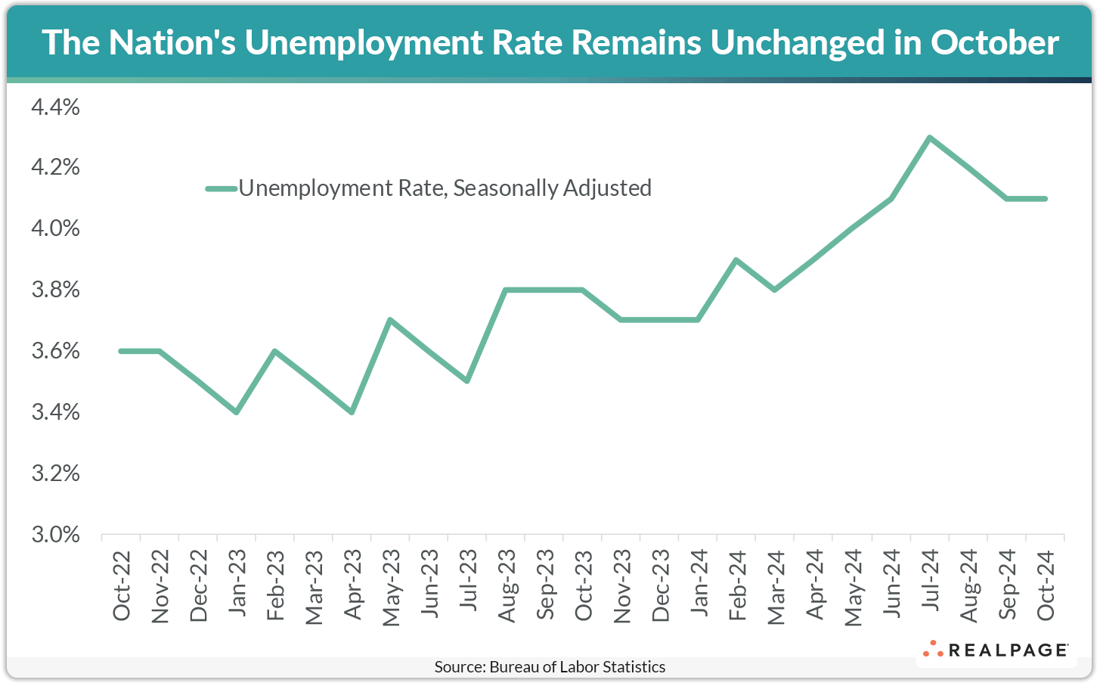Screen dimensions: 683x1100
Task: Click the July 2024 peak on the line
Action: (929, 138)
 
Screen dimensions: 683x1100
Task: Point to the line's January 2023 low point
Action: (237, 411)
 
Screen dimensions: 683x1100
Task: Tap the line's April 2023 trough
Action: (352, 411)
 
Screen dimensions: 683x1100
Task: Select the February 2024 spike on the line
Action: (736, 259)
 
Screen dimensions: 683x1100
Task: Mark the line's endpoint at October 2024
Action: (1045, 199)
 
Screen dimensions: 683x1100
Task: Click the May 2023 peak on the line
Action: (390, 320)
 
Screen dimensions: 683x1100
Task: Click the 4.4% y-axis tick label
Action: (55, 107)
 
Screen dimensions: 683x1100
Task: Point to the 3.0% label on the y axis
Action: (55, 535)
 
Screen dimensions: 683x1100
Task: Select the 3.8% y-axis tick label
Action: (55, 290)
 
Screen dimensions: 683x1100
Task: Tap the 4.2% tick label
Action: (55, 168)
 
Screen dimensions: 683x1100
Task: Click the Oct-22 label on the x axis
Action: (122, 585)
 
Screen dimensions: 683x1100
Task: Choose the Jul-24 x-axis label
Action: (930, 581)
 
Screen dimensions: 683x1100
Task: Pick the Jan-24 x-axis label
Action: (699, 582)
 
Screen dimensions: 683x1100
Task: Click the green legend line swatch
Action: (221, 188)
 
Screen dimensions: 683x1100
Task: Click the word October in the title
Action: (994, 42)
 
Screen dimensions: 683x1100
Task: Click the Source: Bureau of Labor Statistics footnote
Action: (550, 667)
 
